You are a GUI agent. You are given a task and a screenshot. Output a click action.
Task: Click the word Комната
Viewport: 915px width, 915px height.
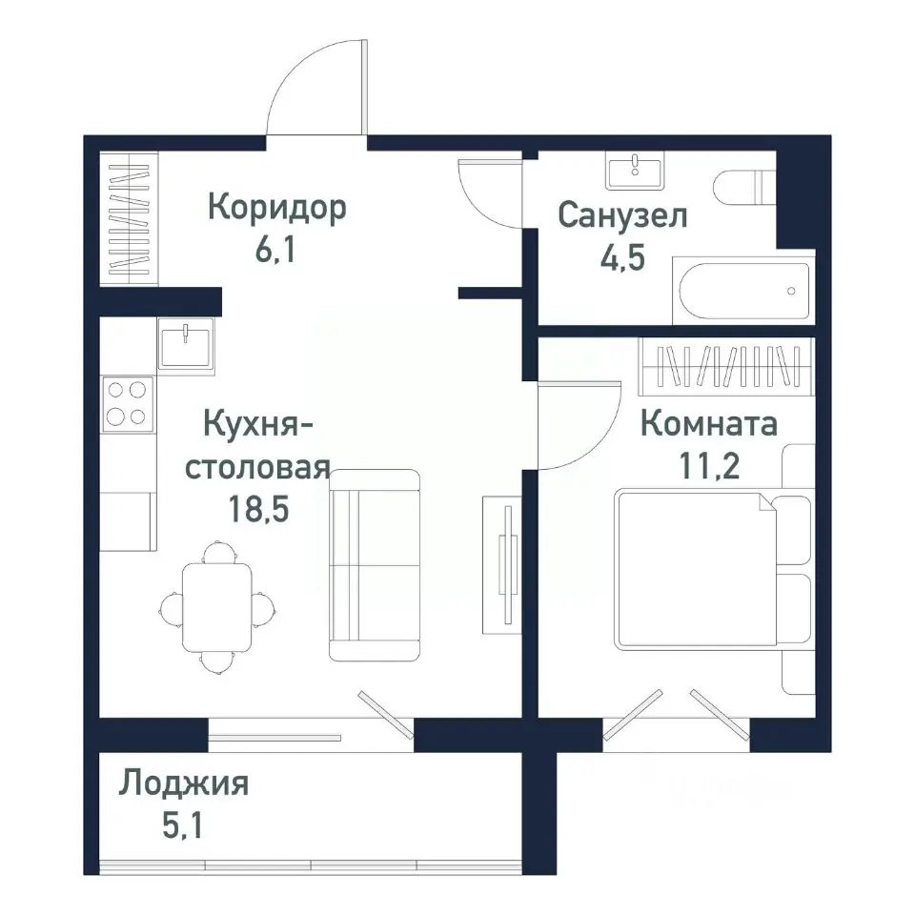tap(708, 423)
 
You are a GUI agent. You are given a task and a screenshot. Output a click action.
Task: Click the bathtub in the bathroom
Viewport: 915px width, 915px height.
tap(743, 291)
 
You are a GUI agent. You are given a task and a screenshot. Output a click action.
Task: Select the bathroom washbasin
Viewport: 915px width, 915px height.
tap(634, 172)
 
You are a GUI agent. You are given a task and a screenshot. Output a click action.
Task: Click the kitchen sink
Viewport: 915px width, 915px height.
tap(187, 343)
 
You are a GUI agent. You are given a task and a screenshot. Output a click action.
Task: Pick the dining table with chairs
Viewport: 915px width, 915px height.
tap(217, 605)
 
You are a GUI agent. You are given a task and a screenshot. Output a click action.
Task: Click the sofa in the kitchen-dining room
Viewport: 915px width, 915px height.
tap(375, 564)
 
